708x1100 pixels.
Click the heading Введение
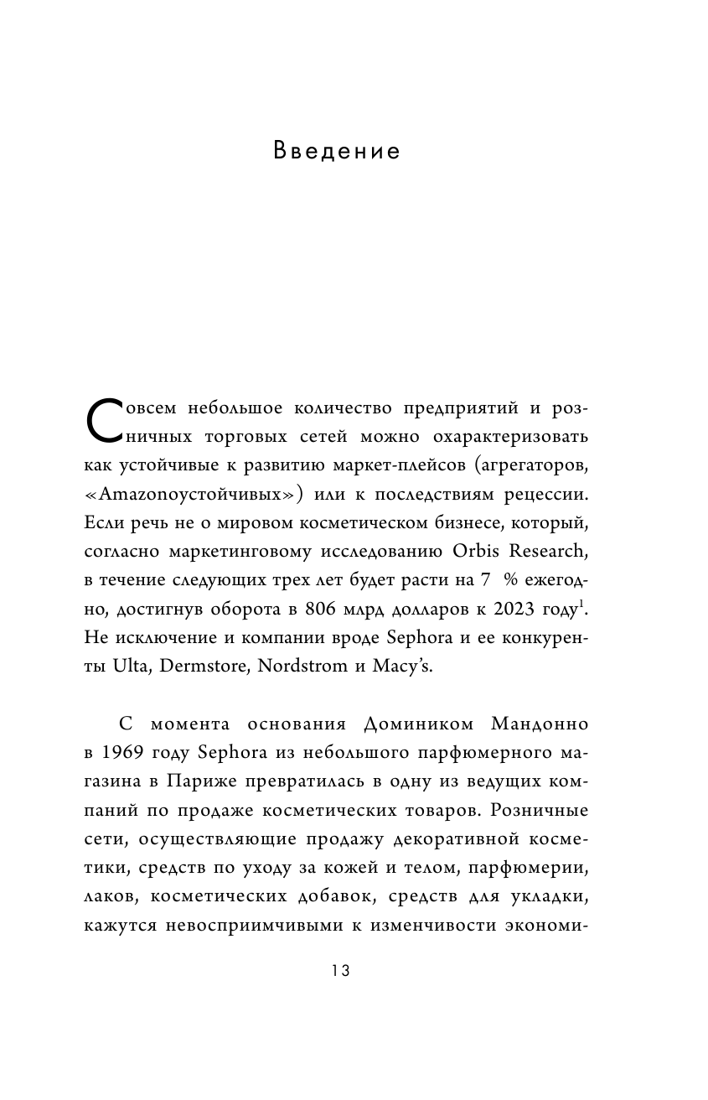point(337,152)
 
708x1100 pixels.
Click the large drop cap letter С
point(104,423)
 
